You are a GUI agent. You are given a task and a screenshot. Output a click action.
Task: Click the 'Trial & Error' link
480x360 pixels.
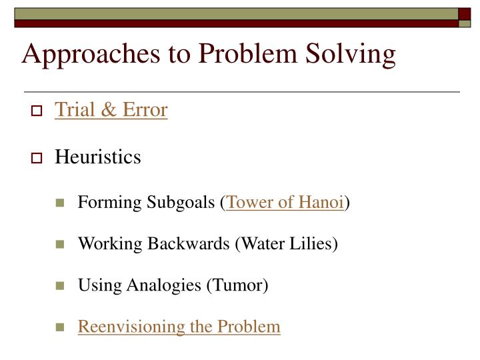pyautogui.click(x=111, y=109)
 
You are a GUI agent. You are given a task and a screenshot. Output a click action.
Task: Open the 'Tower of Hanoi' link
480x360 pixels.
pyautogui.click(x=285, y=202)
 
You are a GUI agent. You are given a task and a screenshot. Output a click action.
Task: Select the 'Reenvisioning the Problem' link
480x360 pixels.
pyautogui.click(x=179, y=327)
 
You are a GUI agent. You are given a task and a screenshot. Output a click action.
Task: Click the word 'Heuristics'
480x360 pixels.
pyautogui.click(x=97, y=157)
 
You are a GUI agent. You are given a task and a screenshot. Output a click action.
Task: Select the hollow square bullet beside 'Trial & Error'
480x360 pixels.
pyautogui.click(x=37, y=111)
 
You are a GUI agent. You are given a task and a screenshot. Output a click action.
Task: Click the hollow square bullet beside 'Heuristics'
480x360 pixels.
pyautogui.click(x=37, y=159)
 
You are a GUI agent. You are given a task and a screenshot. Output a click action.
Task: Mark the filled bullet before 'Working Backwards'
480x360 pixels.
pyautogui.click(x=60, y=245)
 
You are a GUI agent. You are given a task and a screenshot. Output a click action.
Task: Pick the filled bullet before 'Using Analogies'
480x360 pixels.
pyautogui.click(x=60, y=286)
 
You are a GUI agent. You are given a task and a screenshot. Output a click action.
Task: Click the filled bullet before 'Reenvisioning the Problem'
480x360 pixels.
pyautogui.click(x=60, y=327)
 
